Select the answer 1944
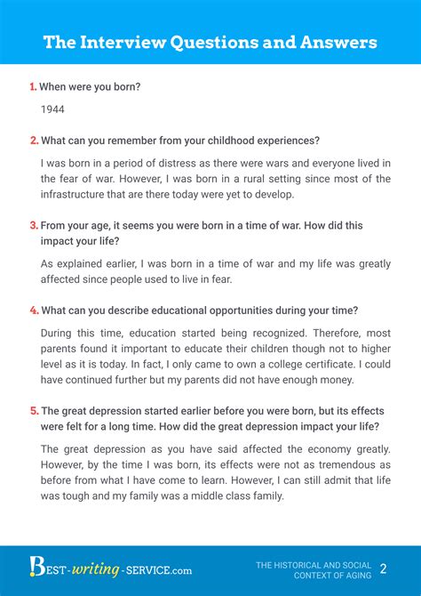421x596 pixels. tap(53, 109)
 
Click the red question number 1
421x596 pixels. tap(33, 87)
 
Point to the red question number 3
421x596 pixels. tap(34, 226)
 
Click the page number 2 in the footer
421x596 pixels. tap(383, 568)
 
